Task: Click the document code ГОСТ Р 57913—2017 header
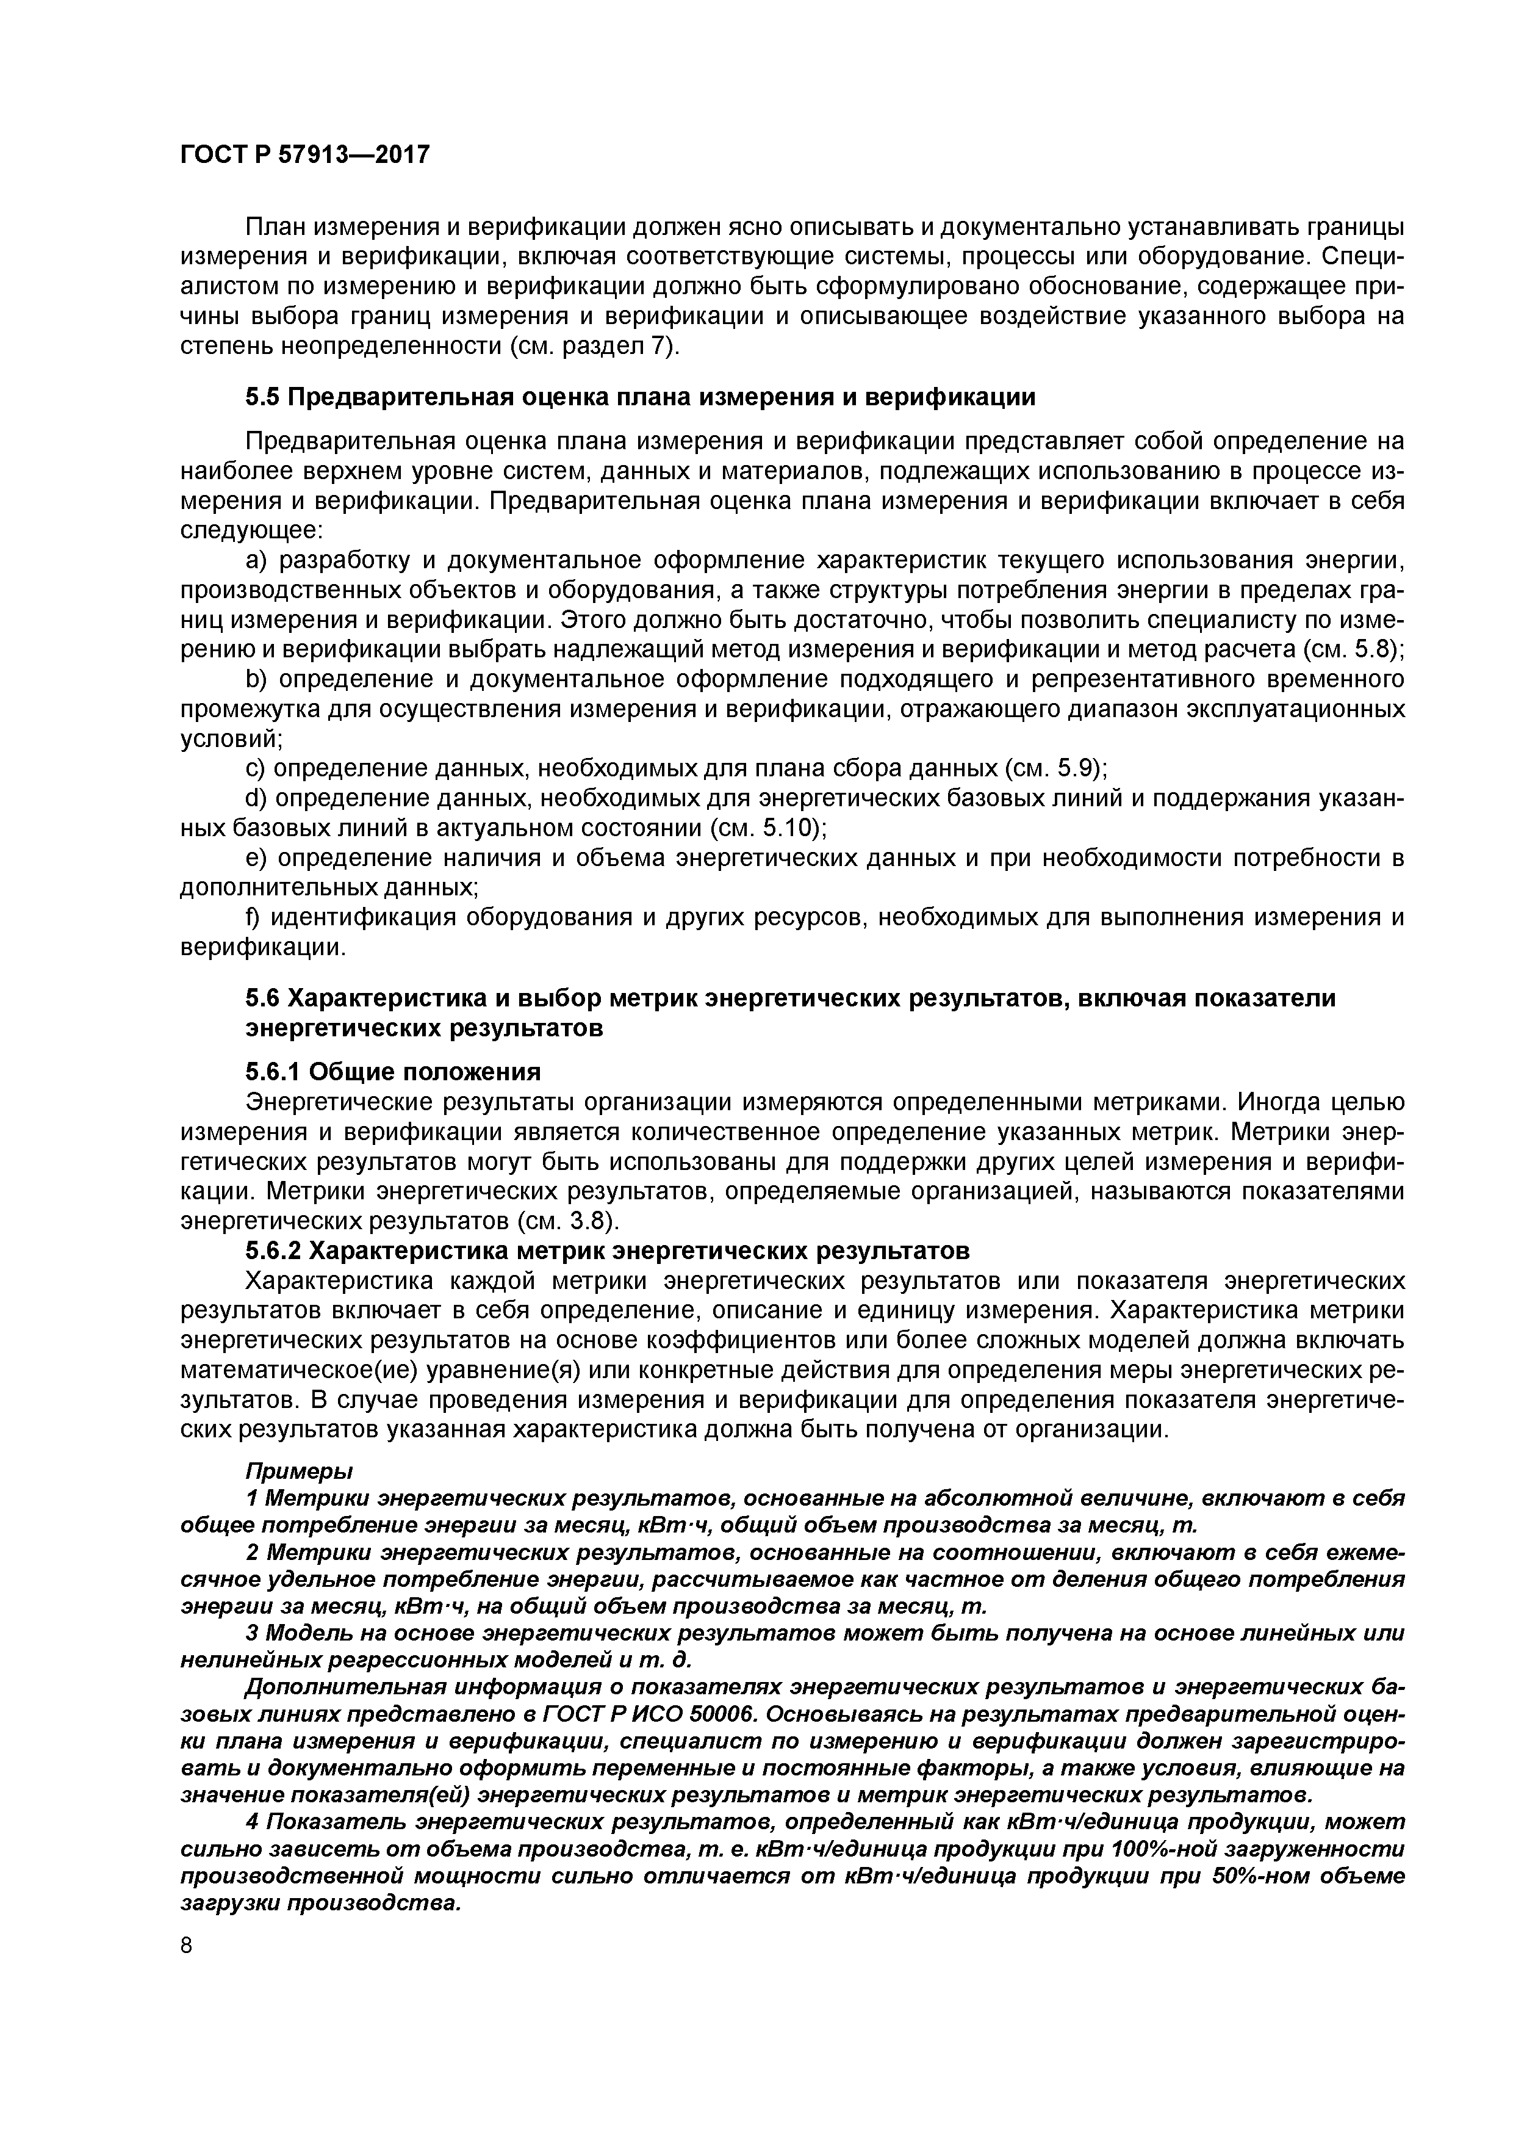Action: point(305,154)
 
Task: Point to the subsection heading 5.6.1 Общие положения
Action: point(392,1070)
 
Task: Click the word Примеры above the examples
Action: point(299,1470)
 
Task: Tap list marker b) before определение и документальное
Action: point(257,679)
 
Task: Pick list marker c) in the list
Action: point(256,768)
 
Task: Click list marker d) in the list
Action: point(256,798)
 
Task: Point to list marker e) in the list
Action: point(256,858)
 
